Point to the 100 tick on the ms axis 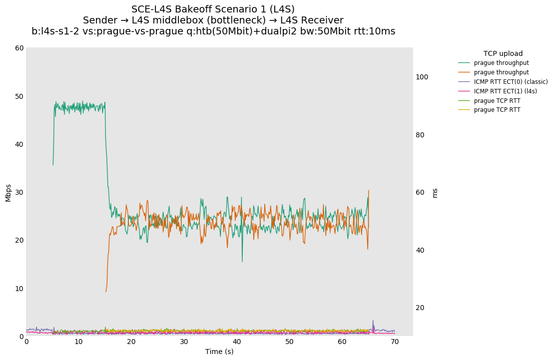pyautogui.click(x=422, y=77)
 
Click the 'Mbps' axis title pyautogui.click(x=8, y=192)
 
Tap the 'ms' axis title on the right pyautogui.click(x=435, y=193)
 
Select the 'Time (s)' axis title pyautogui.click(x=219, y=352)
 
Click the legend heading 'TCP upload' pyautogui.click(x=503, y=53)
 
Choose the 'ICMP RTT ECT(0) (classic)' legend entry pyautogui.click(x=511, y=82)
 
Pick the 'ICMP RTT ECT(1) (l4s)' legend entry pyautogui.click(x=505, y=91)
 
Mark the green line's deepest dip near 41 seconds pyautogui.click(x=242, y=262)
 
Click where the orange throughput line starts pyautogui.click(x=106, y=292)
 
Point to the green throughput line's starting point pyautogui.click(x=53, y=165)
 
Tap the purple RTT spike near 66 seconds pyautogui.click(x=373, y=321)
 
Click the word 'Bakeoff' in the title pyautogui.click(x=189, y=9)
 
